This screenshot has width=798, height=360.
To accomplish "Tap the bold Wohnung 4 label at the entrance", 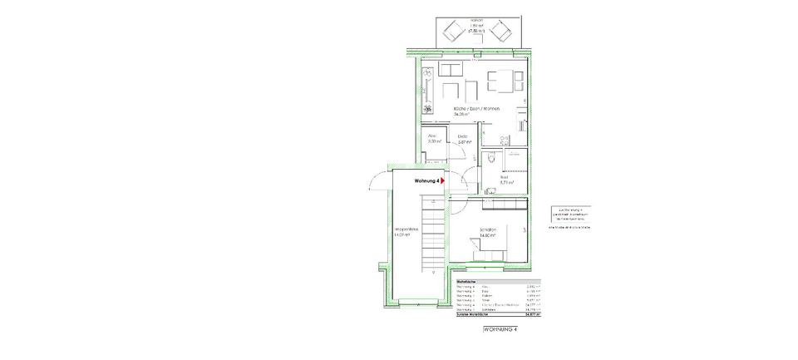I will [x=426, y=180].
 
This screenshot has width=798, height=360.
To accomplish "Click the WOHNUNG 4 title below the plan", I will [x=505, y=330].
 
